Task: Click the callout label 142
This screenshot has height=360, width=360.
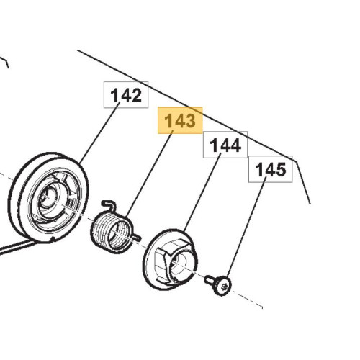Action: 126,95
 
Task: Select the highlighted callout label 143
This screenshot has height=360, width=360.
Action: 180,120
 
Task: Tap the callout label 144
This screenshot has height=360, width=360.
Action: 225,145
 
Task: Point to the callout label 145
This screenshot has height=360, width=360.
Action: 270,169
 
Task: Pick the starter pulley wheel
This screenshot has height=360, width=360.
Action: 48,198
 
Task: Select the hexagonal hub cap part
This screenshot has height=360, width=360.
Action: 171,259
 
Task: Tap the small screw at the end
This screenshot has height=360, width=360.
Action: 218,285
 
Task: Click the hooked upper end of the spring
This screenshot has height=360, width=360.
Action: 109,204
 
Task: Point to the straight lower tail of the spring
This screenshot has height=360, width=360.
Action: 136,238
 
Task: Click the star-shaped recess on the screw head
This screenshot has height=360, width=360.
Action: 225,286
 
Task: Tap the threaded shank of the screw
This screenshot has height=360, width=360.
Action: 210,280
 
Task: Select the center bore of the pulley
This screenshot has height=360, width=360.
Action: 48,197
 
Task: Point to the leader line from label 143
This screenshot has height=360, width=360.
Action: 149,174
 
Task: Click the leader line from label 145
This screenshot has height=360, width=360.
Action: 246,227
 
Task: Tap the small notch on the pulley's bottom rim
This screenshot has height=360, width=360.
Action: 53,239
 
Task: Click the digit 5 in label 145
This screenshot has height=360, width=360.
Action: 280,169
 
